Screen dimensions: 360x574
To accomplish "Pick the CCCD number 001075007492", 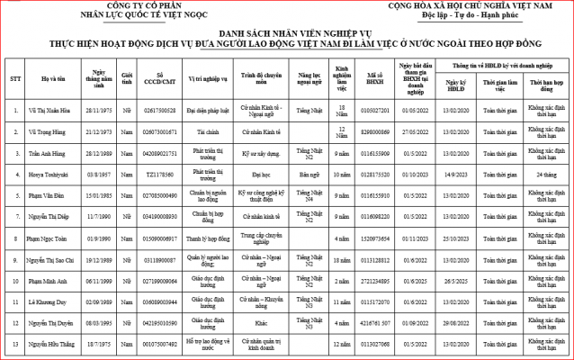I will (x=159, y=344).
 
